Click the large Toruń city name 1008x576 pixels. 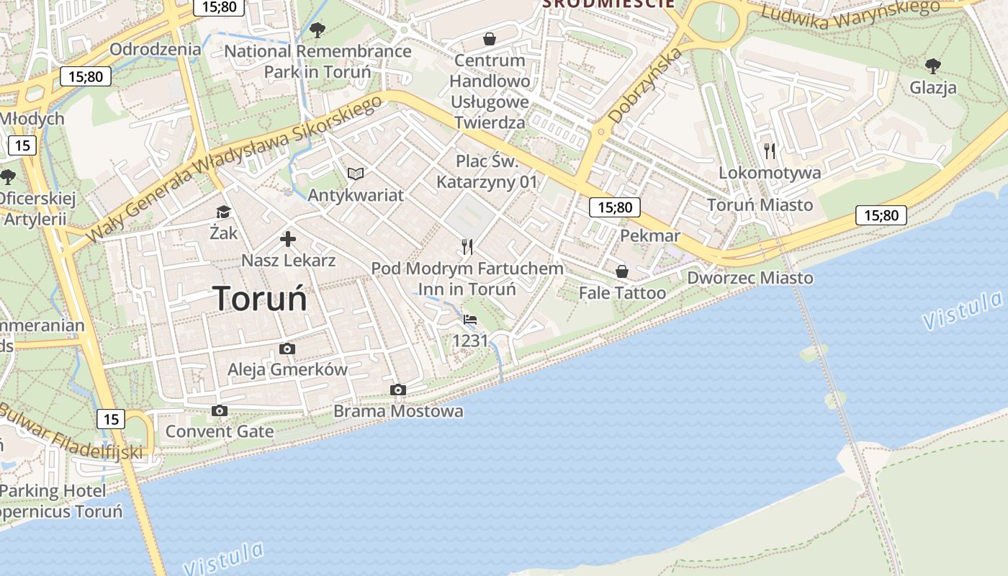(x=260, y=298)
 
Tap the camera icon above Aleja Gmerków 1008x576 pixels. (x=287, y=349)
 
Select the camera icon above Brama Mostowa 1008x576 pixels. (x=397, y=390)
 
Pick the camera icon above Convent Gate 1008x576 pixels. (x=220, y=410)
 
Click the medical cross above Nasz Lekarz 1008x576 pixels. (x=288, y=239)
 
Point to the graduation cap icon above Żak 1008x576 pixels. (x=223, y=212)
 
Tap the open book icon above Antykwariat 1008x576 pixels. (x=356, y=174)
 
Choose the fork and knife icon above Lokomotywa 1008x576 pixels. (x=770, y=150)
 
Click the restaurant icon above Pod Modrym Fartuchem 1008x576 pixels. (x=467, y=247)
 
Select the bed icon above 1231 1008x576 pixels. (x=470, y=319)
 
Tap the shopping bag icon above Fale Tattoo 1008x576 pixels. (x=622, y=271)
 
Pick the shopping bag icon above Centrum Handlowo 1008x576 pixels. (x=490, y=38)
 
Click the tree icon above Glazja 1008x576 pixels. (x=933, y=66)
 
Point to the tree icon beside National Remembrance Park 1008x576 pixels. (x=317, y=30)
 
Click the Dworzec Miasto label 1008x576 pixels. (x=750, y=278)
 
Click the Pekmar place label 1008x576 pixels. (x=650, y=236)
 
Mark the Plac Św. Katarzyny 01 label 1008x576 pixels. (x=487, y=171)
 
